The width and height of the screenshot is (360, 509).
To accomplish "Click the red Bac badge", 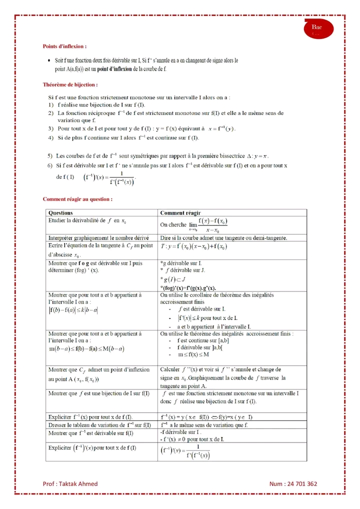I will (x=317, y=28).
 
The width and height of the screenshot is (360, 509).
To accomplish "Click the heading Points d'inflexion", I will (x=65, y=46).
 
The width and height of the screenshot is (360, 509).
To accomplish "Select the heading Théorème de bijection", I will (x=70, y=85).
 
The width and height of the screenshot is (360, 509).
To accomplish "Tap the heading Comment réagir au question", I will (x=77, y=199).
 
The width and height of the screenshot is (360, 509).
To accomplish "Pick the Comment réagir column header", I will (x=180, y=212).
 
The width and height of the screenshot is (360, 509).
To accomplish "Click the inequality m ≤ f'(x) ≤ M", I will (x=194, y=354).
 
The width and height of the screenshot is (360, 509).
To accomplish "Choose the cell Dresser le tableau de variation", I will (x=100, y=425).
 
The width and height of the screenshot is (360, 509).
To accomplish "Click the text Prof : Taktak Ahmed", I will (x=70, y=484).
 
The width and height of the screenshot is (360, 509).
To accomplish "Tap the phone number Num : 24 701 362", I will (x=293, y=484).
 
